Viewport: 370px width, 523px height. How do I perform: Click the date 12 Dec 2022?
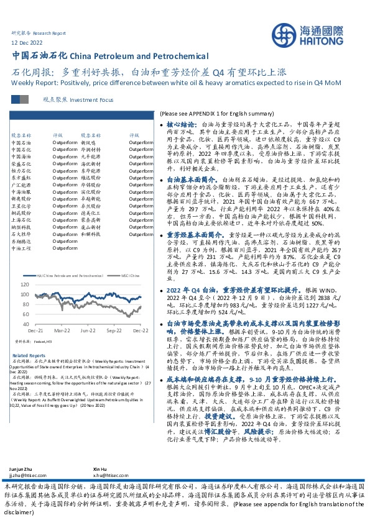27,43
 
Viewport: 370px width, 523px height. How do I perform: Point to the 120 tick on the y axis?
24,284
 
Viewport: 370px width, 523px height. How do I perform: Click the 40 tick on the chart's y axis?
25,324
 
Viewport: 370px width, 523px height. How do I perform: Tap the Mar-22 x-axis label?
61,331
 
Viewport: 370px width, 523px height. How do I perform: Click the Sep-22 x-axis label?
113,331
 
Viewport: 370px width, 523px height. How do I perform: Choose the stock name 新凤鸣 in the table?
88,143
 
